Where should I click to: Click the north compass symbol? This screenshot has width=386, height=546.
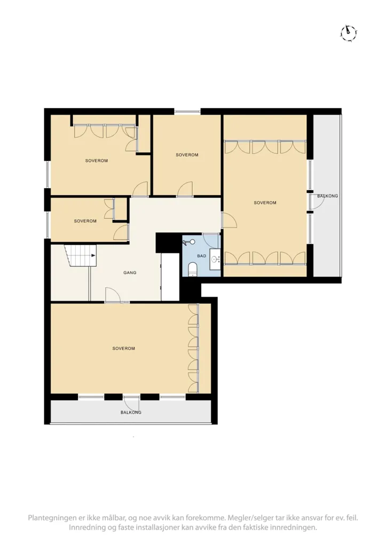348,34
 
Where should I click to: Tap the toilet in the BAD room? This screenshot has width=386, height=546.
193,269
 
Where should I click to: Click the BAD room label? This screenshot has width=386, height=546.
202,256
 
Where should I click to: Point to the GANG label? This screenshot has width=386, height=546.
130,272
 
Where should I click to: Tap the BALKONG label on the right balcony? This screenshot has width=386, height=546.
327,196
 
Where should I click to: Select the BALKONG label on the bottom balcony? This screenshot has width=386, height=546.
131,412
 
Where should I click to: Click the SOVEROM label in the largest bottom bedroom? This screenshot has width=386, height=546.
123,348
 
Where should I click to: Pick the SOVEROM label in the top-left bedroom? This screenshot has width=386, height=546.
97,160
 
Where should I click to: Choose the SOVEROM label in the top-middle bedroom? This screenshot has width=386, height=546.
187,155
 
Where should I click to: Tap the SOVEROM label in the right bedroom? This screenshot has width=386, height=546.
265,202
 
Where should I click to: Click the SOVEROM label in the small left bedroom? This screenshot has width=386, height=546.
85,221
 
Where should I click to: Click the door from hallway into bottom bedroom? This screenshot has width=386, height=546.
112,295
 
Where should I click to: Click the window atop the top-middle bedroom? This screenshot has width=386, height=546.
187,111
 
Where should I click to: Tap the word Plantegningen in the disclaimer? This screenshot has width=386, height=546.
50,518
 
